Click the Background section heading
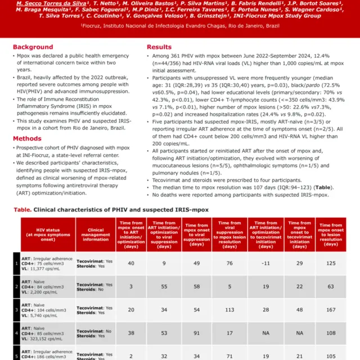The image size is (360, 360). (x=33, y=47)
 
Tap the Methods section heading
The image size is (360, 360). (x=27, y=138)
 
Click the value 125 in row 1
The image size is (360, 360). (x=331, y=263)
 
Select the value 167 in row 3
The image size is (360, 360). (x=331, y=310)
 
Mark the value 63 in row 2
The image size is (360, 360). (x=331, y=286)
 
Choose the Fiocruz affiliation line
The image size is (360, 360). (x=180, y=26)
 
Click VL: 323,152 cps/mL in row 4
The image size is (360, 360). (x=48, y=338)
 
